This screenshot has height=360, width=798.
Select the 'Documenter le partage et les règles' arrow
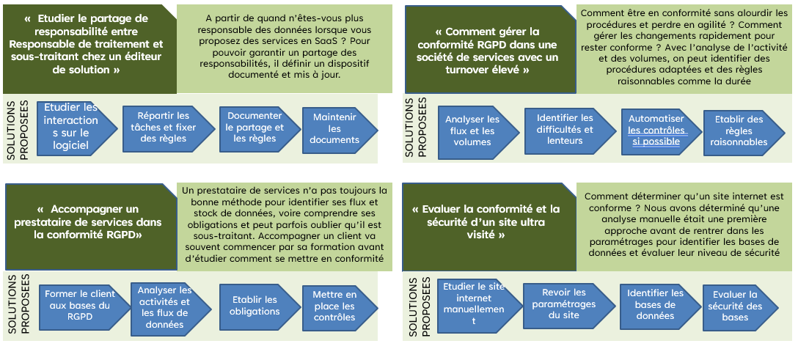point(254,127)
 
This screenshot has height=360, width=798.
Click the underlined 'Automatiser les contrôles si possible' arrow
point(655,131)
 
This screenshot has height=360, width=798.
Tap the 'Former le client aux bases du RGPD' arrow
point(78,304)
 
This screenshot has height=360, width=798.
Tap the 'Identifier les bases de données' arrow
point(655,304)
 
